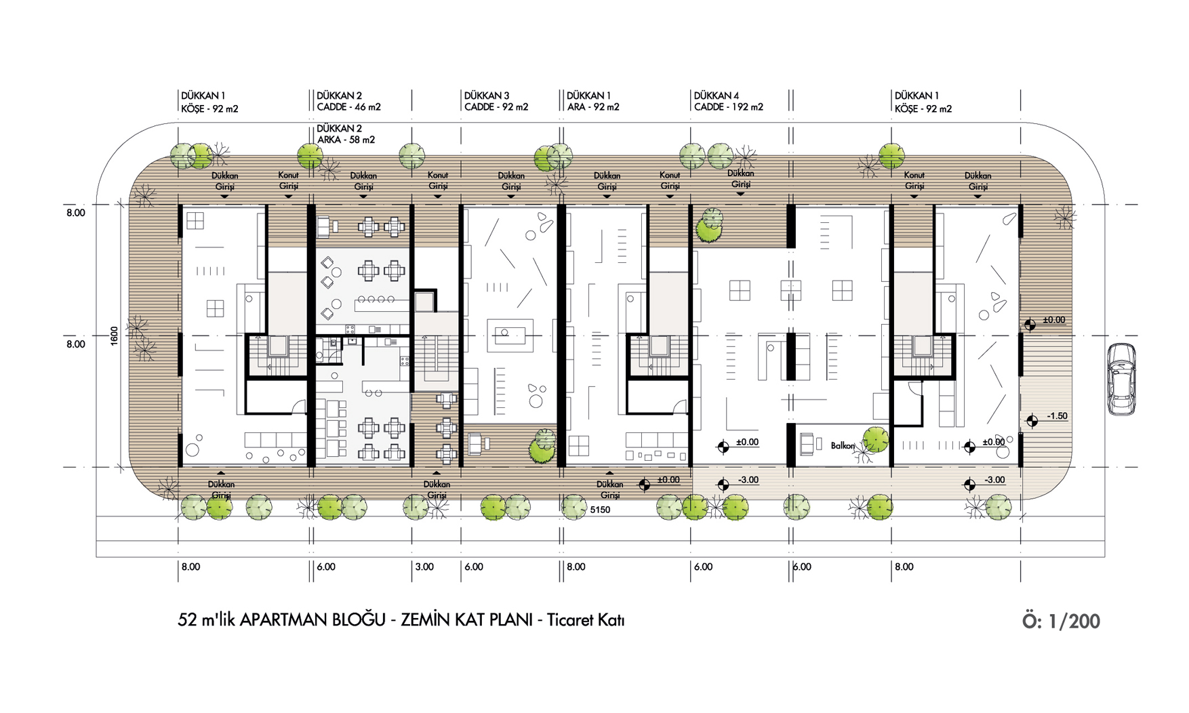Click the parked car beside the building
(1121, 379)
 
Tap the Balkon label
(843, 445)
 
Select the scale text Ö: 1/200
(1061, 621)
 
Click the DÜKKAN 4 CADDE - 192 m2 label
(729, 101)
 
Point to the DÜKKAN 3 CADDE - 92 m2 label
(496, 101)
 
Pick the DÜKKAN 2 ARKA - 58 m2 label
(346, 134)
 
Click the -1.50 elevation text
(1057, 416)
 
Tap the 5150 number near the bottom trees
(600, 510)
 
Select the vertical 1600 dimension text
(114, 336)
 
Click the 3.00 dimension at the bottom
(424, 567)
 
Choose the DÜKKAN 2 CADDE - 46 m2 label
(348, 101)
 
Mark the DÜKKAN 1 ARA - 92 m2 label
(593, 101)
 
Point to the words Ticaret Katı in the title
(586, 619)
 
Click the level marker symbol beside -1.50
(1032, 421)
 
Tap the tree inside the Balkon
(875, 439)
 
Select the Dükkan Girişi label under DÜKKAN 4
(740, 179)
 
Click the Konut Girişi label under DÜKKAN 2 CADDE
(438, 180)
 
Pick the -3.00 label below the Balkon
(748, 480)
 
